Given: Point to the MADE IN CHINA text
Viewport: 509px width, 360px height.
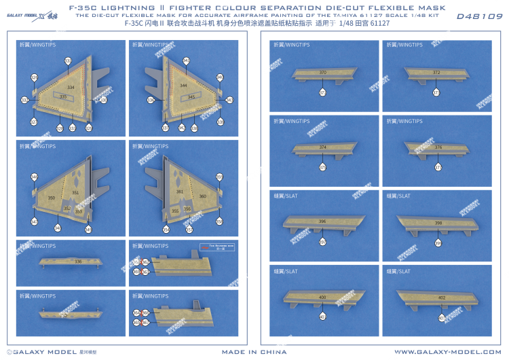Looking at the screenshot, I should click(x=254, y=352).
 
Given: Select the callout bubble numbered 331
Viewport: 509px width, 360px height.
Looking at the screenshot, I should click(x=68, y=61).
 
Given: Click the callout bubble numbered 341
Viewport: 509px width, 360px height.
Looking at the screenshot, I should click(x=186, y=60).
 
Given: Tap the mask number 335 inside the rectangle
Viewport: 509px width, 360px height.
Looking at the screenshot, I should click(x=63, y=96).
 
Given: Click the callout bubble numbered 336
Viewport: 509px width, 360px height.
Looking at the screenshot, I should click(x=151, y=100).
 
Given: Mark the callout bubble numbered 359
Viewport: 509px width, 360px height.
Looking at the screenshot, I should click(x=219, y=177).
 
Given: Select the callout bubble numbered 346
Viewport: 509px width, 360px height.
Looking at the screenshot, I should click(x=34, y=177).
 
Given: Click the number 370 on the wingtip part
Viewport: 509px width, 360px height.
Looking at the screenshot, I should click(x=322, y=73).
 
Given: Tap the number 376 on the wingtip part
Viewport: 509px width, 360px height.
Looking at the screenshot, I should click(x=438, y=147).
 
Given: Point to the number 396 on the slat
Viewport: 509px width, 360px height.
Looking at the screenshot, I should click(x=322, y=221).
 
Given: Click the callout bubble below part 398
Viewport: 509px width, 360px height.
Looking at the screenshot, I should click(x=438, y=242).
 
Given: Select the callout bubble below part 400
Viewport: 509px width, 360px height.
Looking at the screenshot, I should click(x=322, y=317).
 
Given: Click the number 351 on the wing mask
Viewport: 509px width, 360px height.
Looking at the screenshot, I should click(x=75, y=192).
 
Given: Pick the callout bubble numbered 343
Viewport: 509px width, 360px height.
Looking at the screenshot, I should click(x=229, y=100).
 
